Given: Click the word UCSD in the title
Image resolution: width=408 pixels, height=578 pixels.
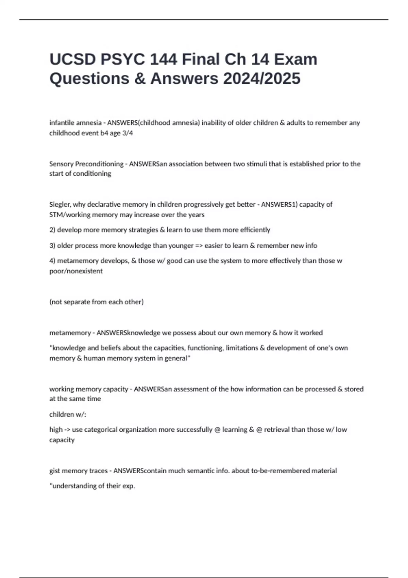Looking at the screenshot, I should click(72, 59).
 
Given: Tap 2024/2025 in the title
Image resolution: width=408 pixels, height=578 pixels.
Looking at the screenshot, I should click(262, 78).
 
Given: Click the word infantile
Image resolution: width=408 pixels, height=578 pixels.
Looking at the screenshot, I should click(63, 123).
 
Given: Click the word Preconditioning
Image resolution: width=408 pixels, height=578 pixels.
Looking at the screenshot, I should click(99, 164).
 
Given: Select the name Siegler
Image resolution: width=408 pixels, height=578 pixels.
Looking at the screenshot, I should click(60, 205).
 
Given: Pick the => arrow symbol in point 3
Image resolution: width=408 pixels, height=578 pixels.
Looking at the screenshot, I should click(199, 245).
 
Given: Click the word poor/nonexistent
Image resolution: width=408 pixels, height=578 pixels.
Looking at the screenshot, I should click(76, 271).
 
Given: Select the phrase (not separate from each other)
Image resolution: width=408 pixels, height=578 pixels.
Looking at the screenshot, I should click(97, 302).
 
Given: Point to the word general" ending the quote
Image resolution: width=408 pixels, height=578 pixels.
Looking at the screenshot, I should click(177, 358).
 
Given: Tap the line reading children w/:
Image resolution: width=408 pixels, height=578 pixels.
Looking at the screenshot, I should click(68, 414).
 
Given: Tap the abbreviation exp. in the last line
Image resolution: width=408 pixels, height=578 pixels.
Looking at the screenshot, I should click(129, 486).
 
